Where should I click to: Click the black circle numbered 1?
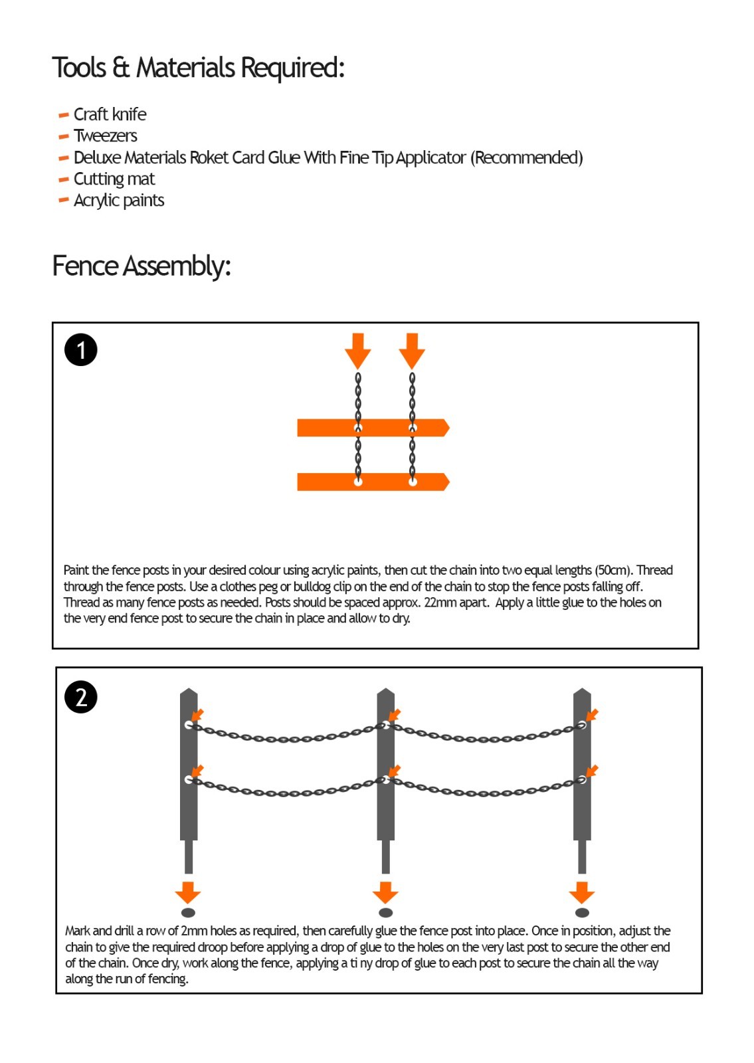[x=81, y=350]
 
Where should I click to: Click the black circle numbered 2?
[x=81, y=697]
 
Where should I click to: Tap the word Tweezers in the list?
[x=106, y=136]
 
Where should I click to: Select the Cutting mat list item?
[x=114, y=179]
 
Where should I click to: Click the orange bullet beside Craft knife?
[x=64, y=115]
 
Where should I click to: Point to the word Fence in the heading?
[x=86, y=266]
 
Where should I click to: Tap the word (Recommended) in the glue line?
[x=527, y=158]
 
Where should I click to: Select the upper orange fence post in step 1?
[x=373, y=428]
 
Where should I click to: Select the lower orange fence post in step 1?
[x=373, y=482]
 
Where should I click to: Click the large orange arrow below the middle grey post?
[x=385, y=892]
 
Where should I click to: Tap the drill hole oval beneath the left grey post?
[x=188, y=912]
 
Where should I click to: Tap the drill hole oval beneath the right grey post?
[x=582, y=912]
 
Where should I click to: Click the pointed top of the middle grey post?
[x=385, y=693]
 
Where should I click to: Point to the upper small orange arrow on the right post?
[x=591, y=716]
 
